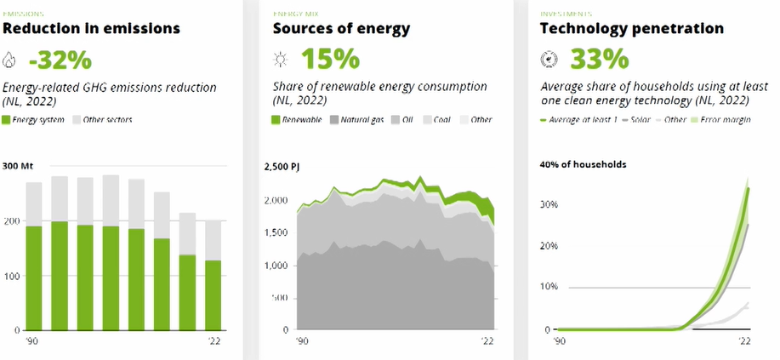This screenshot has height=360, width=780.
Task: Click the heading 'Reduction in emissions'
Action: click(92, 29)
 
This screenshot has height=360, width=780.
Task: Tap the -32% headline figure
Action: click(60, 60)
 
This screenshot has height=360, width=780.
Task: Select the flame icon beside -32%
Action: click(10, 60)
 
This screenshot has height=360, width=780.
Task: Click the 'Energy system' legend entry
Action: click(34, 119)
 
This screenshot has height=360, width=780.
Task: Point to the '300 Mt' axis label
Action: click(19, 164)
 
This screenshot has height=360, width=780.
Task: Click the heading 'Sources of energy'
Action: click(341, 29)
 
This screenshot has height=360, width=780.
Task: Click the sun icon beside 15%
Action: click(280, 60)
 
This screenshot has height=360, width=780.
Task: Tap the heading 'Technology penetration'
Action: click(632, 29)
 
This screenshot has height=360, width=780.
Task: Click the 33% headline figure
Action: click(600, 60)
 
